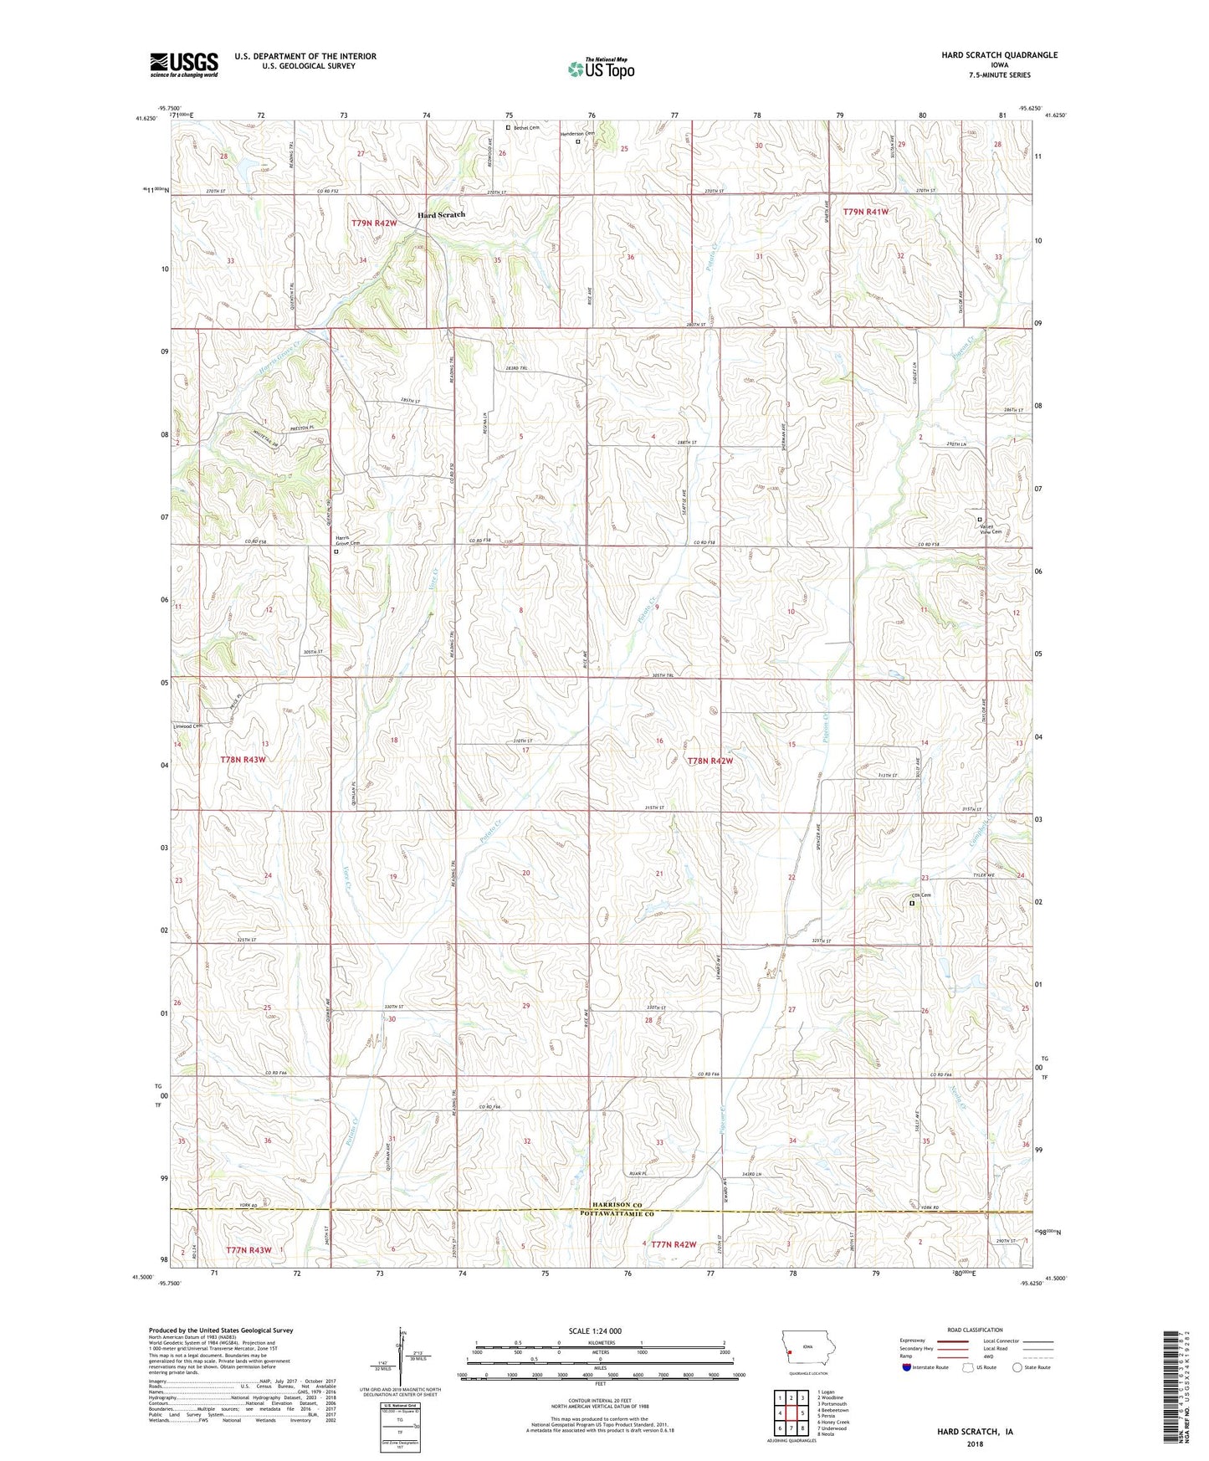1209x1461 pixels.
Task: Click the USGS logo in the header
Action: [x=183, y=64]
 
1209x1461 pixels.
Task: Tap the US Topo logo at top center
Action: [x=601, y=69]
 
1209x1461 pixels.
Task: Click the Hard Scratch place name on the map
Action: [x=441, y=215]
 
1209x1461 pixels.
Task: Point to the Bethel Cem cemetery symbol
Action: [x=508, y=128]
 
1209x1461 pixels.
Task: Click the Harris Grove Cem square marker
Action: [x=336, y=551]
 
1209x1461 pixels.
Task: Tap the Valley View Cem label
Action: [x=990, y=529]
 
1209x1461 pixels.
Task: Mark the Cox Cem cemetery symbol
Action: [x=912, y=903]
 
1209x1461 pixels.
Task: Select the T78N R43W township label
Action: [x=243, y=759]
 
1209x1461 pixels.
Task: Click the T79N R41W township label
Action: [x=865, y=213]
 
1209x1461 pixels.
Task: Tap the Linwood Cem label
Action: [x=187, y=726]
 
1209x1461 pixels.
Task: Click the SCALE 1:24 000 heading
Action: [x=600, y=1330]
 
